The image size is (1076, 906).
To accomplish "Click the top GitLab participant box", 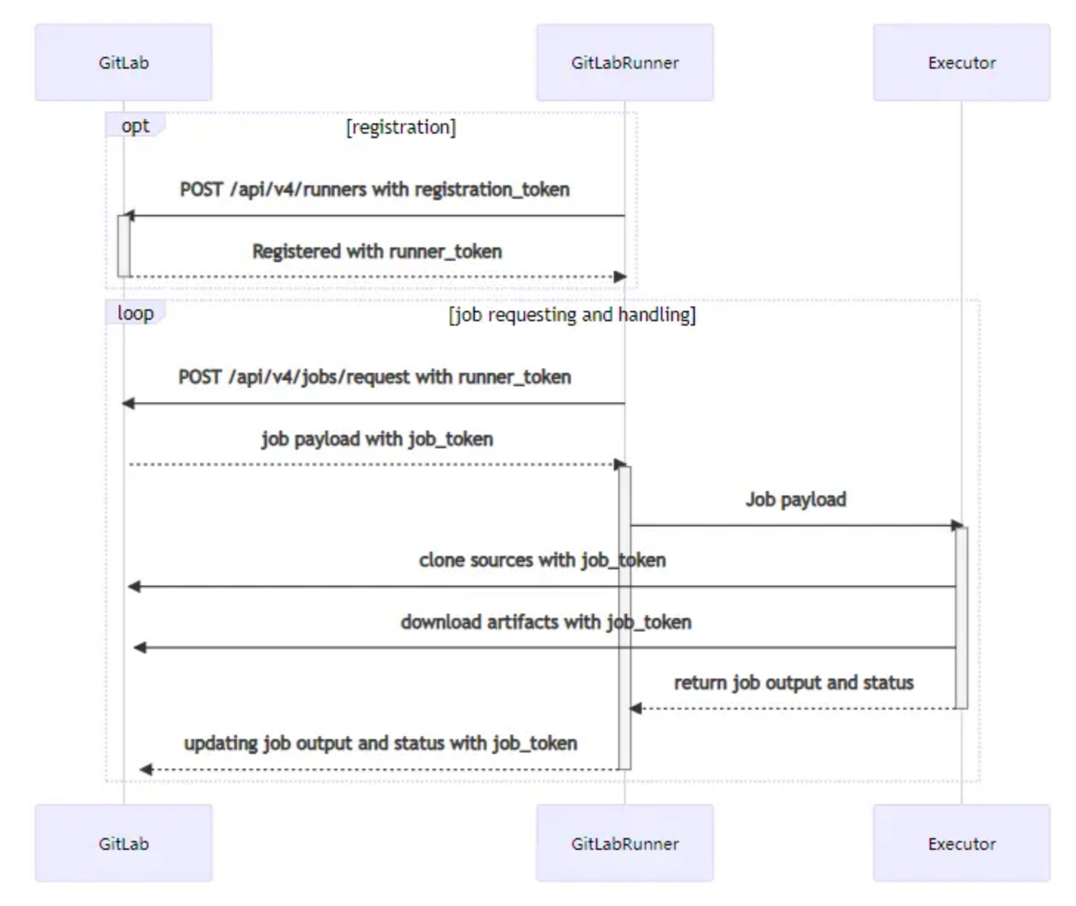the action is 123,62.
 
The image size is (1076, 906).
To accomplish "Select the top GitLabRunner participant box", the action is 625,62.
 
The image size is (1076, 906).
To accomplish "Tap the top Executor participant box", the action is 962,62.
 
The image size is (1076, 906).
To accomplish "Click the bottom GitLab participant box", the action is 123,843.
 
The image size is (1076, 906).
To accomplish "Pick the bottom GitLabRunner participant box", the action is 625,843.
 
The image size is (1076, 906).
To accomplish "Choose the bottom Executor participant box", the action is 962,843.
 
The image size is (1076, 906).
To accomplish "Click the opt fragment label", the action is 136,126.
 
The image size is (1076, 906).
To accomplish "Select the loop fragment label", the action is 136,313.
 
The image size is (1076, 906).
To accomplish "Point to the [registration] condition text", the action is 401,127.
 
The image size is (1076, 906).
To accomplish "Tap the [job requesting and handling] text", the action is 572,315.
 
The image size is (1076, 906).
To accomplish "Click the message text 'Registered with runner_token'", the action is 377,252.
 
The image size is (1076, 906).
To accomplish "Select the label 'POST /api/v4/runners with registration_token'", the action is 374,190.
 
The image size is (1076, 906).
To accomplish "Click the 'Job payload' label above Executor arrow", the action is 795,499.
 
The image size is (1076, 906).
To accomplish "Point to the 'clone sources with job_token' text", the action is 542,560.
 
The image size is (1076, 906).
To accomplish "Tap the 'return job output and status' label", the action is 794,682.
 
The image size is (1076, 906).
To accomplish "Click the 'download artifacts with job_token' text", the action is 546,622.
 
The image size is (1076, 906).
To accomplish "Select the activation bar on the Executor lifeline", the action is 962,617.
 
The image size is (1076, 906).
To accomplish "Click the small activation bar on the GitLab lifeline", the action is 123,246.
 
